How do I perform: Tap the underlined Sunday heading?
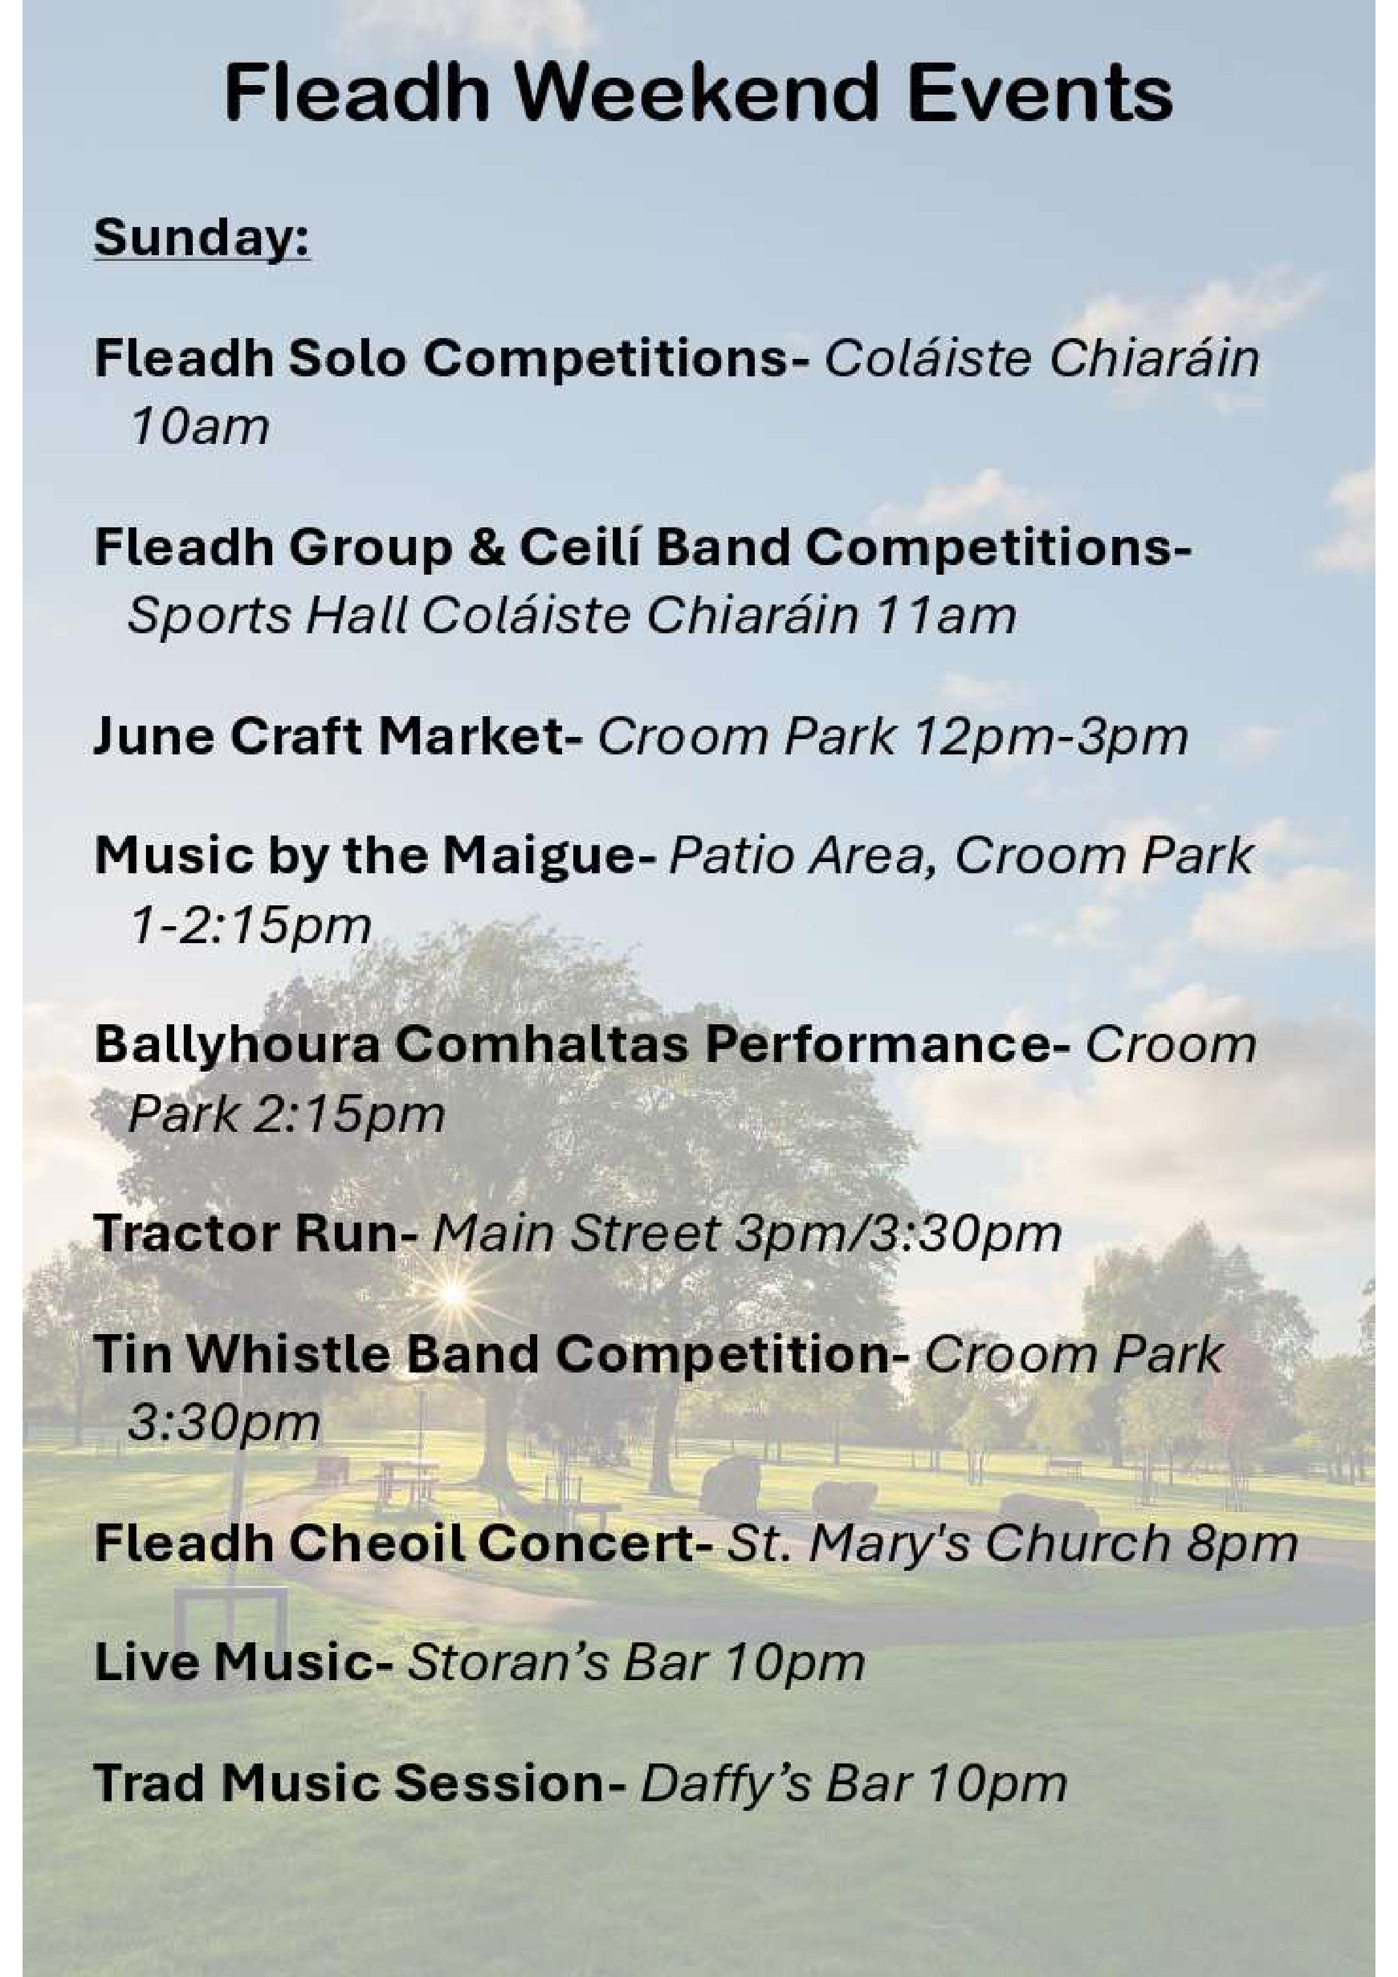202,238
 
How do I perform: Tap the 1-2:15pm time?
250,926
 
